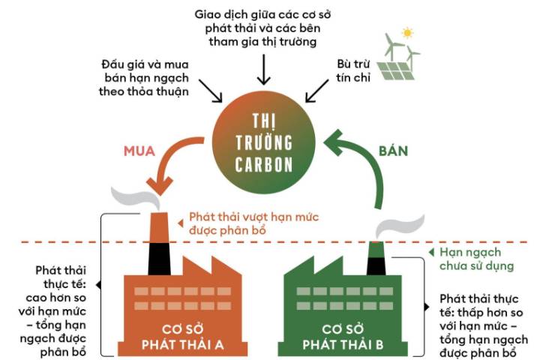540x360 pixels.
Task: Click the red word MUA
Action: tap(139, 151)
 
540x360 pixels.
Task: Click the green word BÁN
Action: tap(393, 151)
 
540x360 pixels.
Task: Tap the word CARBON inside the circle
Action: tap(264, 165)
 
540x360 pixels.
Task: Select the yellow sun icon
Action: tap(407, 33)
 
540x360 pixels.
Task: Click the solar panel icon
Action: tap(395, 70)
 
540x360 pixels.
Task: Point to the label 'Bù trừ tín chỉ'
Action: tap(353, 70)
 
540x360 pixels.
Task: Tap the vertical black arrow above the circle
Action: tap(263, 69)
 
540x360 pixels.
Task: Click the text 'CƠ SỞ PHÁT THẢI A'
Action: tap(182, 337)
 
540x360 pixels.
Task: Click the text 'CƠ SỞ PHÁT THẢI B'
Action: tap(343, 337)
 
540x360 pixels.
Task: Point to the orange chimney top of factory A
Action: tap(159, 227)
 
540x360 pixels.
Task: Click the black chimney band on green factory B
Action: tap(376, 266)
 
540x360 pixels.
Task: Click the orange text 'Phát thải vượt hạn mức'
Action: tap(253, 217)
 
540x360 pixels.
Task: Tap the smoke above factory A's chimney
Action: tap(134, 198)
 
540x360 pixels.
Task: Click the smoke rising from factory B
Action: tap(400, 226)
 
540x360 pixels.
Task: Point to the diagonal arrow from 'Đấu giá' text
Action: tap(211, 91)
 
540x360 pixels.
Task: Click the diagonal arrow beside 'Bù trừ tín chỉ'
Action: tap(316, 91)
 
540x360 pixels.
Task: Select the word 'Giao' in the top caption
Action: tap(207, 15)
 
